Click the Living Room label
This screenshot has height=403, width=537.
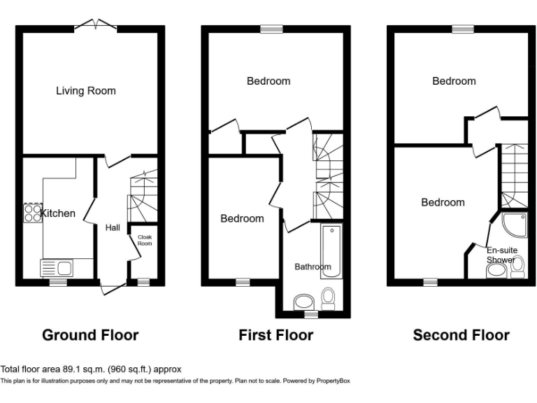(x=86, y=91)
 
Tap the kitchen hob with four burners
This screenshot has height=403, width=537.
(x=32, y=213)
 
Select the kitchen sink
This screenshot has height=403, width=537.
(x=58, y=267)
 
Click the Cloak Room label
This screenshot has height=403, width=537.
(x=144, y=240)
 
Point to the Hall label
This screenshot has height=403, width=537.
(x=113, y=227)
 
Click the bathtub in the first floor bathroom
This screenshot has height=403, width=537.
(x=330, y=250)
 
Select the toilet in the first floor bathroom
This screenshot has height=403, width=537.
(x=328, y=299)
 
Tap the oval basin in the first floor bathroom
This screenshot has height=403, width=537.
(x=304, y=302)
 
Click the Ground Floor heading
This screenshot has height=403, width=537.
(x=90, y=335)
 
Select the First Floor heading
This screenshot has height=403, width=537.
(x=275, y=335)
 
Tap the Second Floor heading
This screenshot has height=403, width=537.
(x=461, y=335)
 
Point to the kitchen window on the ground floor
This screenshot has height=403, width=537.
(x=58, y=282)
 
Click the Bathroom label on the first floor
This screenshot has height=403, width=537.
(x=313, y=267)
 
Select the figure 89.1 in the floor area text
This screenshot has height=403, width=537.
(x=73, y=369)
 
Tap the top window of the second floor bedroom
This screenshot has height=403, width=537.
(x=461, y=29)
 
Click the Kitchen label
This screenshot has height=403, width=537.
(x=58, y=213)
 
